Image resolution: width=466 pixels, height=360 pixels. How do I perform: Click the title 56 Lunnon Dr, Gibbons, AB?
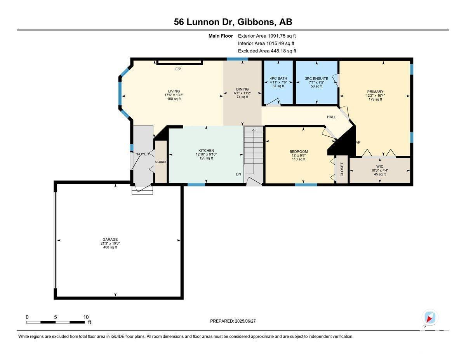[233, 22]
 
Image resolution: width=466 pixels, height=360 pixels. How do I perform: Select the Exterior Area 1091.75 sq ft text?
[267, 36]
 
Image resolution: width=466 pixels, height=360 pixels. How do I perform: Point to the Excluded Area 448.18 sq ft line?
[267, 51]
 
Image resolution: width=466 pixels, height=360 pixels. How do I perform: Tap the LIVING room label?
[174, 91]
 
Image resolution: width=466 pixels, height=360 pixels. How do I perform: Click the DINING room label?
[242, 89]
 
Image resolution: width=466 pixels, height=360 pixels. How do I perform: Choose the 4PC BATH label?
[278, 78]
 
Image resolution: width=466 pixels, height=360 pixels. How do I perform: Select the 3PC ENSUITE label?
[316, 78]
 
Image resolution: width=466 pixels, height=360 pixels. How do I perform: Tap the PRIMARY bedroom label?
[375, 92]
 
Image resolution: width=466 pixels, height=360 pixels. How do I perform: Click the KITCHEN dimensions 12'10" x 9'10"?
[206, 155]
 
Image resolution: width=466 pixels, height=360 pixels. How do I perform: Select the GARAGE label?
[110, 240]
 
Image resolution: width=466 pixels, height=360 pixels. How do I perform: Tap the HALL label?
[331, 117]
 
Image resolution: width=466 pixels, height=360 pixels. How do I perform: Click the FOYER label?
[143, 154]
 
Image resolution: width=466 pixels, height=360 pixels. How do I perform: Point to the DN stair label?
[238, 174]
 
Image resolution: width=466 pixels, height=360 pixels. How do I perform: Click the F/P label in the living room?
[178, 69]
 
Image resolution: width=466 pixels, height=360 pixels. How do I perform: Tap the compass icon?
[429, 317]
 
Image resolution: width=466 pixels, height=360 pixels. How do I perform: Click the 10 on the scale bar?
[86, 317]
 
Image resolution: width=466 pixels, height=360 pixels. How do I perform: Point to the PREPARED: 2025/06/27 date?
[233, 321]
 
